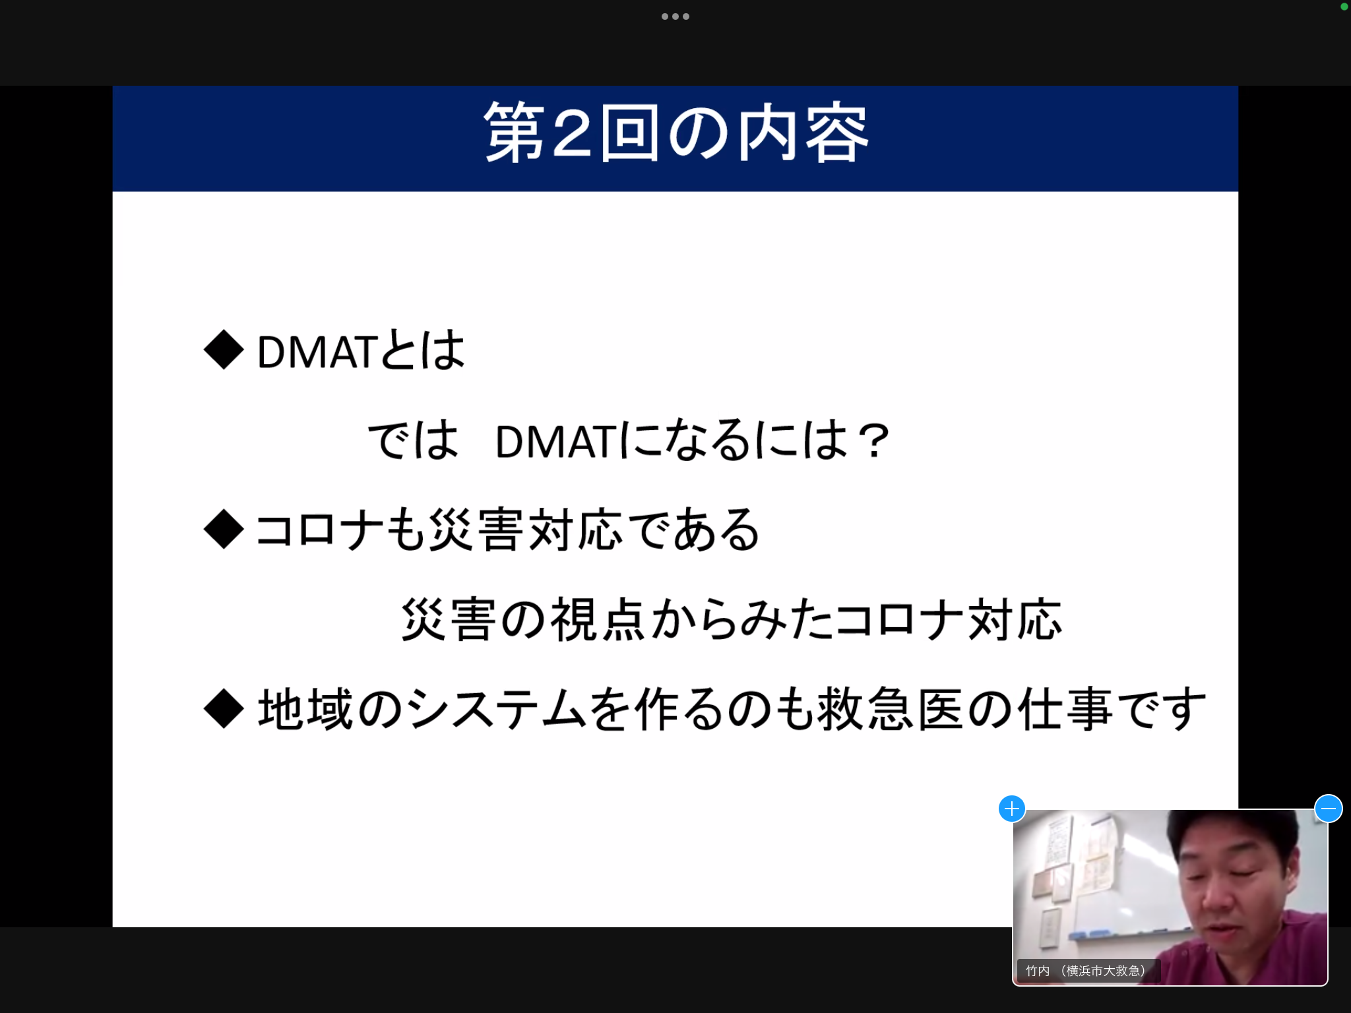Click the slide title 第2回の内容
676,133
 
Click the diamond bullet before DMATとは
224,350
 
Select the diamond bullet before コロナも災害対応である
224,529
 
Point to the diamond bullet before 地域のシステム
224,709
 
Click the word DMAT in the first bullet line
317,352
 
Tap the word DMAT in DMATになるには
556,441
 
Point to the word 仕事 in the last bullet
1066,709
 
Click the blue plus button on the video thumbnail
1012,809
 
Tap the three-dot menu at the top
675,16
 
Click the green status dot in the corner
1344,7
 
